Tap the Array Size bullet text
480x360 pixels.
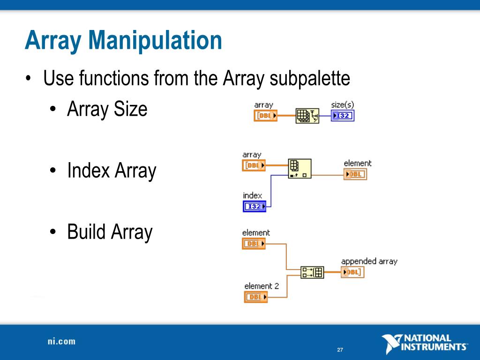coord(107,109)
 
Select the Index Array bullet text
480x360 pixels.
coord(112,171)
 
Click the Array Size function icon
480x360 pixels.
coord(307,116)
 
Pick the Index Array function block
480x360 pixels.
coord(300,169)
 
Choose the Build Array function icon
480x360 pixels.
coord(312,272)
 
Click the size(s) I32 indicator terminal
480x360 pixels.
coord(343,116)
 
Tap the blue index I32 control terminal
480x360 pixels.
coord(254,206)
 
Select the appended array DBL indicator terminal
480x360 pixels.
coord(352,272)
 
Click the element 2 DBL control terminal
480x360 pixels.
coord(256,297)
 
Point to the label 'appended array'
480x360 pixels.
coord(369,262)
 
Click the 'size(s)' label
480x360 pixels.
coord(342,105)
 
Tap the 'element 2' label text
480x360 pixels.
coord(262,286)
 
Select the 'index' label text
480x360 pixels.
coord(252,195)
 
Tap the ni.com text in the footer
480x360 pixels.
coord(61,341)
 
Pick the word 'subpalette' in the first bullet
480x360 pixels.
coord(310,78)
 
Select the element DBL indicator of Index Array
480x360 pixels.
coord(355,174)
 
